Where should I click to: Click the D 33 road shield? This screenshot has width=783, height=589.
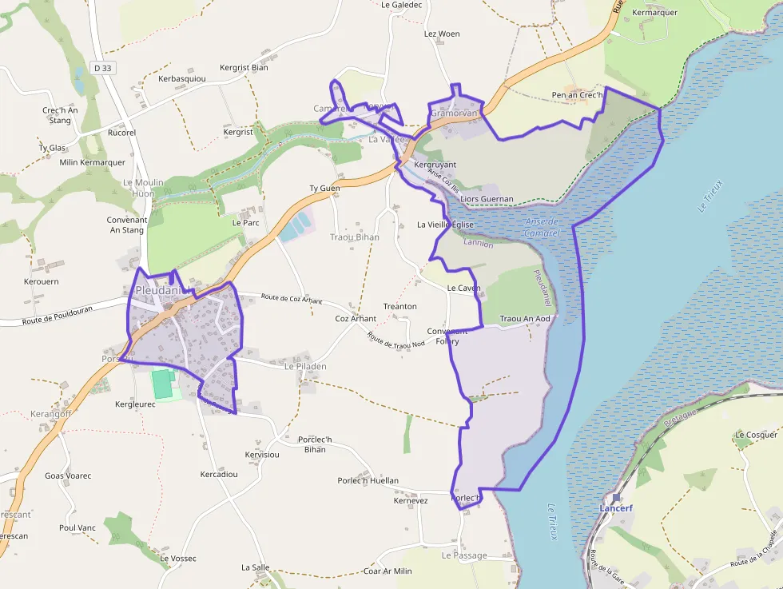point(102,68)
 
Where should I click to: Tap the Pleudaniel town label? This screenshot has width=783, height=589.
point(164,290)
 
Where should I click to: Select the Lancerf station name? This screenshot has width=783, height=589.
point(616,507)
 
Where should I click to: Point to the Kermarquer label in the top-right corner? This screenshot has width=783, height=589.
point(654,13)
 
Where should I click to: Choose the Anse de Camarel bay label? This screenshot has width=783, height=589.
point(543,227)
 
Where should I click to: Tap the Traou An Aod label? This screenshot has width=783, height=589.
point(525,319)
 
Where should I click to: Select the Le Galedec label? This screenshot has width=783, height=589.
point(401,5)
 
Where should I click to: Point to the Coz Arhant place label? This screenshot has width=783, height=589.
point(356,318)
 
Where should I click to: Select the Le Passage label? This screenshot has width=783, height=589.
point(464,555)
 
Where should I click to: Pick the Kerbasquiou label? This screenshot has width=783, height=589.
point(182,79)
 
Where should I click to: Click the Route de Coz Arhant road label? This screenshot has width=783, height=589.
point(292,300)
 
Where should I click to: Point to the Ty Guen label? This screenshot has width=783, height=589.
point(324,189)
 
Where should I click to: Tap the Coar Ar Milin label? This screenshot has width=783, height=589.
point(388,571)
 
